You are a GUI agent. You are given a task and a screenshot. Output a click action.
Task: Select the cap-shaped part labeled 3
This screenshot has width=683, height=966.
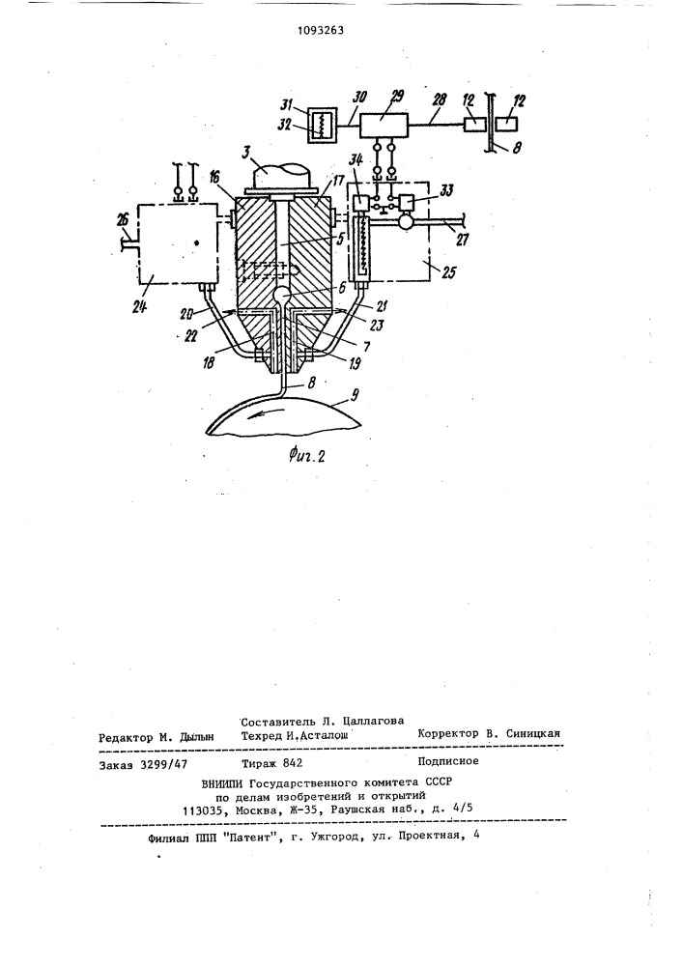coord(280,180)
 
